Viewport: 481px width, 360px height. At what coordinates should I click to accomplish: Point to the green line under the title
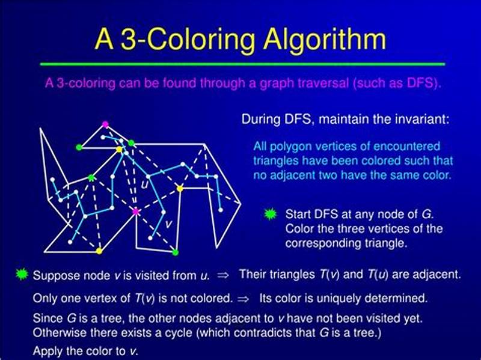tap(240, 63)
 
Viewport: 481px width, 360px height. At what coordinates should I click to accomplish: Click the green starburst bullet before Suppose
tap(22, 275)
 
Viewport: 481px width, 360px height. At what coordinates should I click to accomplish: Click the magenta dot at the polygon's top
tap(105, 124)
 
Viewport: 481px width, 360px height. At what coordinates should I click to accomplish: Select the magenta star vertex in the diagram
tap(136, 212)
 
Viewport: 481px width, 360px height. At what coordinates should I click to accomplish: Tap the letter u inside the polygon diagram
tap(144, 185)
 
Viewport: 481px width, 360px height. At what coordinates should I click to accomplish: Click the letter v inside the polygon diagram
tap(168, 224)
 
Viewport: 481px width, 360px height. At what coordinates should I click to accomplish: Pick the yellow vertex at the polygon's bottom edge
tap(99, 251)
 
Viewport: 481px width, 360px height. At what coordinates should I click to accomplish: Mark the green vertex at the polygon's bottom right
tap(175, 252)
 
